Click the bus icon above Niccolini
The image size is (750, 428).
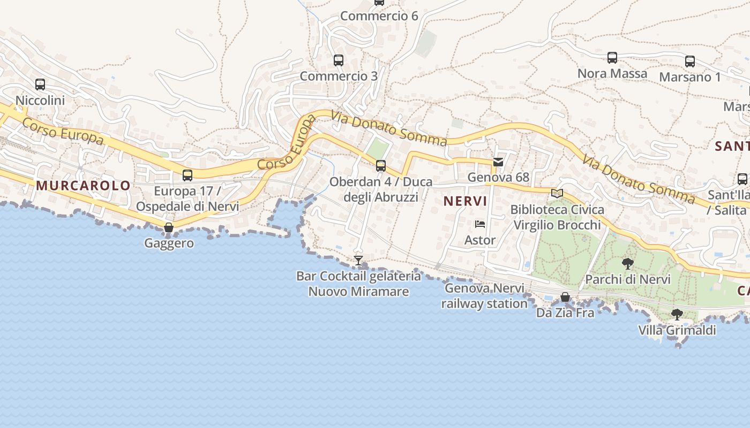coord(40,85)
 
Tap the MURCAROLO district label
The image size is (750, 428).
coord(84,186)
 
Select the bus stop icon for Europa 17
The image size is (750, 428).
coord(187,175)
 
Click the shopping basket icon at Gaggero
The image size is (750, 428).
coord(169,228)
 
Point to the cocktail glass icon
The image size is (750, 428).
coord(358,261)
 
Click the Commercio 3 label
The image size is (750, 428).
coord(339,76)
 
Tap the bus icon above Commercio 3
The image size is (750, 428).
coord(339,60)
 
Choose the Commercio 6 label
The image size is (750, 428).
coord(379,16)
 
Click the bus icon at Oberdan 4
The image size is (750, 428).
coord(381,166)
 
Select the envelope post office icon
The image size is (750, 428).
coord(498,162)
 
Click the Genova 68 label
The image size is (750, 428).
coord(498,177)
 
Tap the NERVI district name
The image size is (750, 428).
coord(465,201)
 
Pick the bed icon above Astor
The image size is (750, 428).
coord(480,225)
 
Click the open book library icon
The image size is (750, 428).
coord(557,193)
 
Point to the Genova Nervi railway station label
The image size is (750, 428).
coord(484,296)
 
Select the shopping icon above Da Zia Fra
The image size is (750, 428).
coord(565,297)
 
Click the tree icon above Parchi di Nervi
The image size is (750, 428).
coord(628,263)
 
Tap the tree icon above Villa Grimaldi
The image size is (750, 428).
coord(677,315)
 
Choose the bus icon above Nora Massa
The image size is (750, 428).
coord(612,58)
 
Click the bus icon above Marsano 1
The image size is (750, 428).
coord(690,62)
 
